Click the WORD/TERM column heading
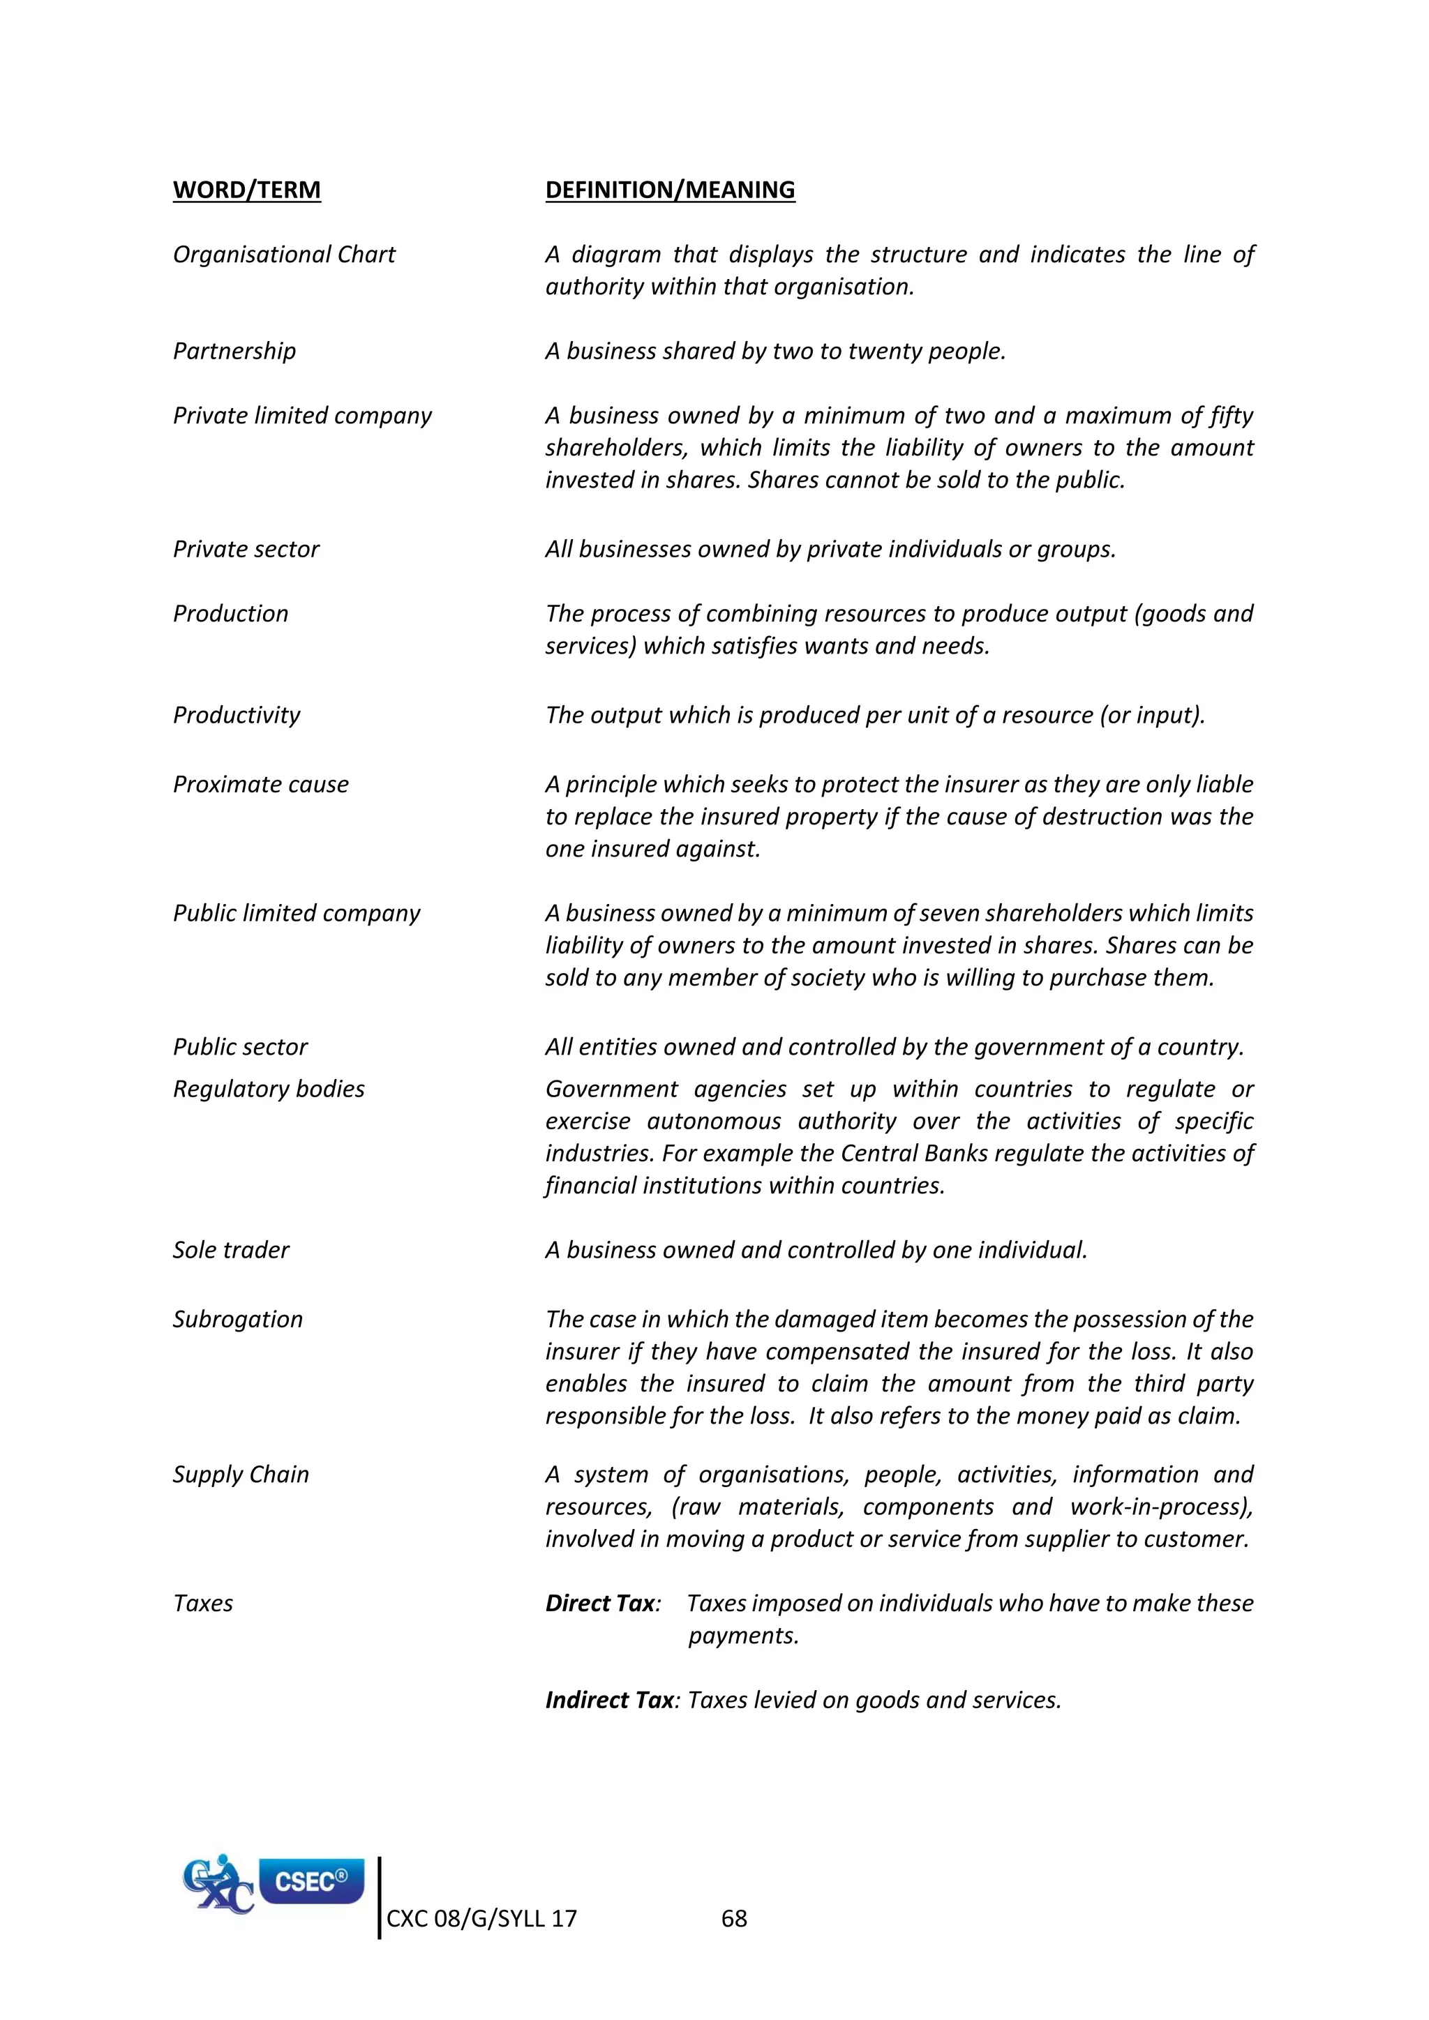pyautogui.click(x=246, y=190)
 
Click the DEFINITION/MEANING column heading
pyautogui.click(x=670, y=190)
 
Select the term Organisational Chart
pyautogui.click(x=284, y=255)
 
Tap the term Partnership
pyautogui.click(x=234, y=351)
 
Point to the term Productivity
pyautogui.click(x=236, y=715)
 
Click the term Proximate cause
pyautogui.click(x=260, y=785)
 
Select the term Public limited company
pyautogui.click(x=297, y=913)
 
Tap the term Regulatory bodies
pyautogui.click(x=269, y=1090)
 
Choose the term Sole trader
pyautogui.click(x=230, y=1250)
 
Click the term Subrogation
pyautogui.click(x=237, y=1320)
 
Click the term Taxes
pyautogui.click(x=203, y=1603)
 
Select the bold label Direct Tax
pyautogui.click(x=600, y=1603)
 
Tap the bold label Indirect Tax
pyautogui.click(x=610, y=1700)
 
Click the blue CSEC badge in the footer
pyautogui.click(x=311, y=1881)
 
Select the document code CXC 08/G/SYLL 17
pyautogui.click(x=481, y=1919)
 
